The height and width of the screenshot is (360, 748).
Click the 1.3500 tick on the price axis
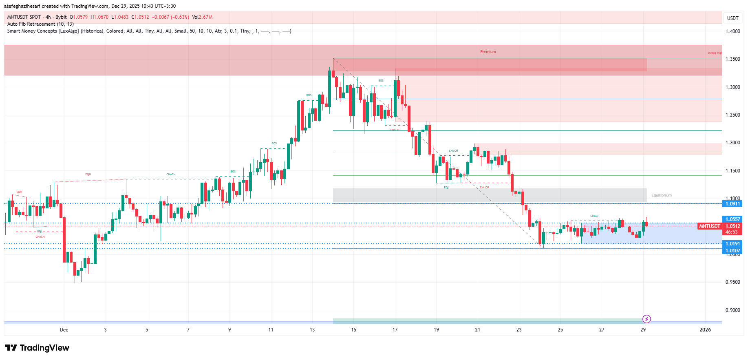pos(733,59)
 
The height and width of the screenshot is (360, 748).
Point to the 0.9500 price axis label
pos(733,282)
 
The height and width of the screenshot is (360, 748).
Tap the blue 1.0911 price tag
pos(732,204)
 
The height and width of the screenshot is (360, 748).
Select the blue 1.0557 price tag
pos(732,219)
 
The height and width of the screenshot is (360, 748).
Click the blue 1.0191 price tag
pos(732,244)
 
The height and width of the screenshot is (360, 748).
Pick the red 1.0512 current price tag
pos(732,226)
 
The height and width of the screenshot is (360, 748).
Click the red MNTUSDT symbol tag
pos(709,226)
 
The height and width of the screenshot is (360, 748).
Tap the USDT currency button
pos(733,18)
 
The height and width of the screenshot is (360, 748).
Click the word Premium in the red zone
pos(488,52)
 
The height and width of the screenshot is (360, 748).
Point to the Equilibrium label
pos(661,195)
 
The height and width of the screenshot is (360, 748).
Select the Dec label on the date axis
pos(64,330)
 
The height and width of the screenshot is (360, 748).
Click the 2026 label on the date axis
pos(705,330)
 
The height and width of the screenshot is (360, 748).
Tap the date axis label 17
pos(395,330)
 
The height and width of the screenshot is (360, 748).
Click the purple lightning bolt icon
pos(647,319)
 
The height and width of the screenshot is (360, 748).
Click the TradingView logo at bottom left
pos(37,348)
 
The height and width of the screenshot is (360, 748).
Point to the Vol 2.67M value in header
pos(202,17)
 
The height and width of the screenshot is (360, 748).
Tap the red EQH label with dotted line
pos(88,174)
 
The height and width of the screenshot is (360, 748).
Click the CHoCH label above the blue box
pos(595,216)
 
